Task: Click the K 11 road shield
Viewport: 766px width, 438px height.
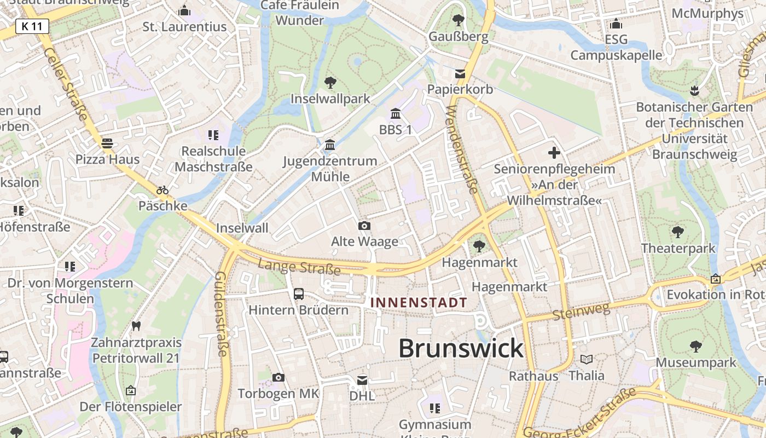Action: pos(32,26)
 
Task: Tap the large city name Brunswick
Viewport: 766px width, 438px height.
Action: pos(461,348)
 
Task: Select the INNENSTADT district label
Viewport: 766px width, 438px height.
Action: pos(419,302)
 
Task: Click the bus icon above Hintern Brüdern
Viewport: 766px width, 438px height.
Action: pos(299,294)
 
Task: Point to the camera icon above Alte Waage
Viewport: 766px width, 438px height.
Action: pos(364,226)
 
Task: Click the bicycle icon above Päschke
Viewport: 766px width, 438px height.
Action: pos(163,191)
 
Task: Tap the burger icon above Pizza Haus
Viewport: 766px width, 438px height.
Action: pos(107,143)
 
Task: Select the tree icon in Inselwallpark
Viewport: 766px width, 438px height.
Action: pos(330,83)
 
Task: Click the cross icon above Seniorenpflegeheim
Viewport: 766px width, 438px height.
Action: pos(554,153)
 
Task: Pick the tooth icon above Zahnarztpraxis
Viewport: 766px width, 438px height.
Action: pos(136,326)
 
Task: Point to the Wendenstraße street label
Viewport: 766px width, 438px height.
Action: pos(462,149)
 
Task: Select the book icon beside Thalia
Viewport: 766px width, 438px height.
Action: pos(587,360)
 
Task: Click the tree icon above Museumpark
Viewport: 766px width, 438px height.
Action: pos(696,346)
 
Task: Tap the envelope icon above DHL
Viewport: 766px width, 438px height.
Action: pos(362,380)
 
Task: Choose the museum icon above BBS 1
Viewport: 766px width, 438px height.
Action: pos(395,114)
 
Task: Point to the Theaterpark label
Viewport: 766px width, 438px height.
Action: pos(678,249)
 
